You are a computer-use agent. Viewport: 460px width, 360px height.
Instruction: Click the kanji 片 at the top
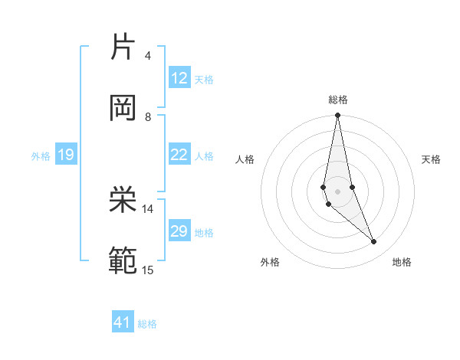(123, 47)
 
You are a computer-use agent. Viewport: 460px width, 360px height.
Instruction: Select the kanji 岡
(123, 108)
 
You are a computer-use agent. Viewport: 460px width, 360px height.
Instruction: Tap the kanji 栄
(123, 201)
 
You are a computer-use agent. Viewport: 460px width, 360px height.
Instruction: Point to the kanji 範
(123, 261)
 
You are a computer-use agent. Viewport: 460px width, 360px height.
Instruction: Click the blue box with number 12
(179, 78)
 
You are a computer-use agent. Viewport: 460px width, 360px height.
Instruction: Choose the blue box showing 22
(179, 155)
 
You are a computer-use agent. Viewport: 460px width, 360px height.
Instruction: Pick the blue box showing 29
(179, 231)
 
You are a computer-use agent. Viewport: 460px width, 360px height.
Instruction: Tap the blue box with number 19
(65, 155)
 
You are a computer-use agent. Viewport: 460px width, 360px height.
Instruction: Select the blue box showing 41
(123, 322)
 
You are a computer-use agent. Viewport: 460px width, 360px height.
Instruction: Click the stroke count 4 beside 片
(148, 56)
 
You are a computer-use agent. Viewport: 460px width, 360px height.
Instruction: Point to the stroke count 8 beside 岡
(148, 117)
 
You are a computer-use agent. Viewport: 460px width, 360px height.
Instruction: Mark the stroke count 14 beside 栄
(148, 208)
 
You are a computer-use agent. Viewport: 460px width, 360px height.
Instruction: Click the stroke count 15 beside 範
(148, 270)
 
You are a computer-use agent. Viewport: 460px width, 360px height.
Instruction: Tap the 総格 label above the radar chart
(338, 100)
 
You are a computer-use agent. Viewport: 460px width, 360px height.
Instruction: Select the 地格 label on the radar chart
(402, 263)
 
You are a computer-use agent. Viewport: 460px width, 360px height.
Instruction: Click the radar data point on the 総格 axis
(338, 116)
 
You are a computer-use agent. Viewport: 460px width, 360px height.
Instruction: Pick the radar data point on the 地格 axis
(374, 242)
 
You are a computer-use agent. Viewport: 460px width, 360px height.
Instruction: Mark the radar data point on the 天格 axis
(352, 187)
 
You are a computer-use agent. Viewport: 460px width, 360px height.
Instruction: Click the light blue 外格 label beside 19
(41, 156)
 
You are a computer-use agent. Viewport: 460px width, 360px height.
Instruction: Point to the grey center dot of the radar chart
(338, 191)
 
